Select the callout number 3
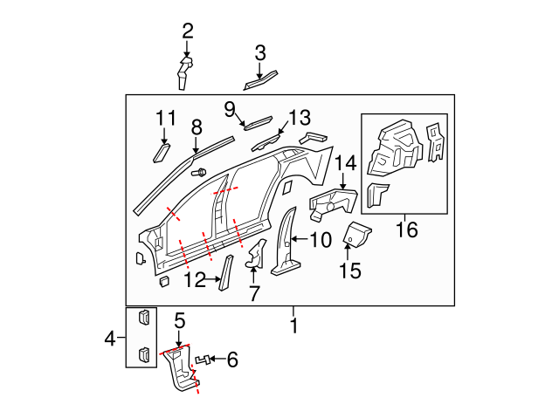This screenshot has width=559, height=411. click(259, 53)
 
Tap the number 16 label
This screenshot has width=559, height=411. click(406, 230)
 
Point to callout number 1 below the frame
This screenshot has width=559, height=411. click(293, 326)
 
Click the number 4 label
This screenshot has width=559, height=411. click(109, 336)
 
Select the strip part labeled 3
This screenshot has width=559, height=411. click(259, 80)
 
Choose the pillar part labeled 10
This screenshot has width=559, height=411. click(285, 245)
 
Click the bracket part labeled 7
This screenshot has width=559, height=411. click(255, 255)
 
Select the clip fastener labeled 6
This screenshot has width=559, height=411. click(204, 359)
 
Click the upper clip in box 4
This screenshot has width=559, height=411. click(142, 319)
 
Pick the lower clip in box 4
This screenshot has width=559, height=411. click(142, 353)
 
